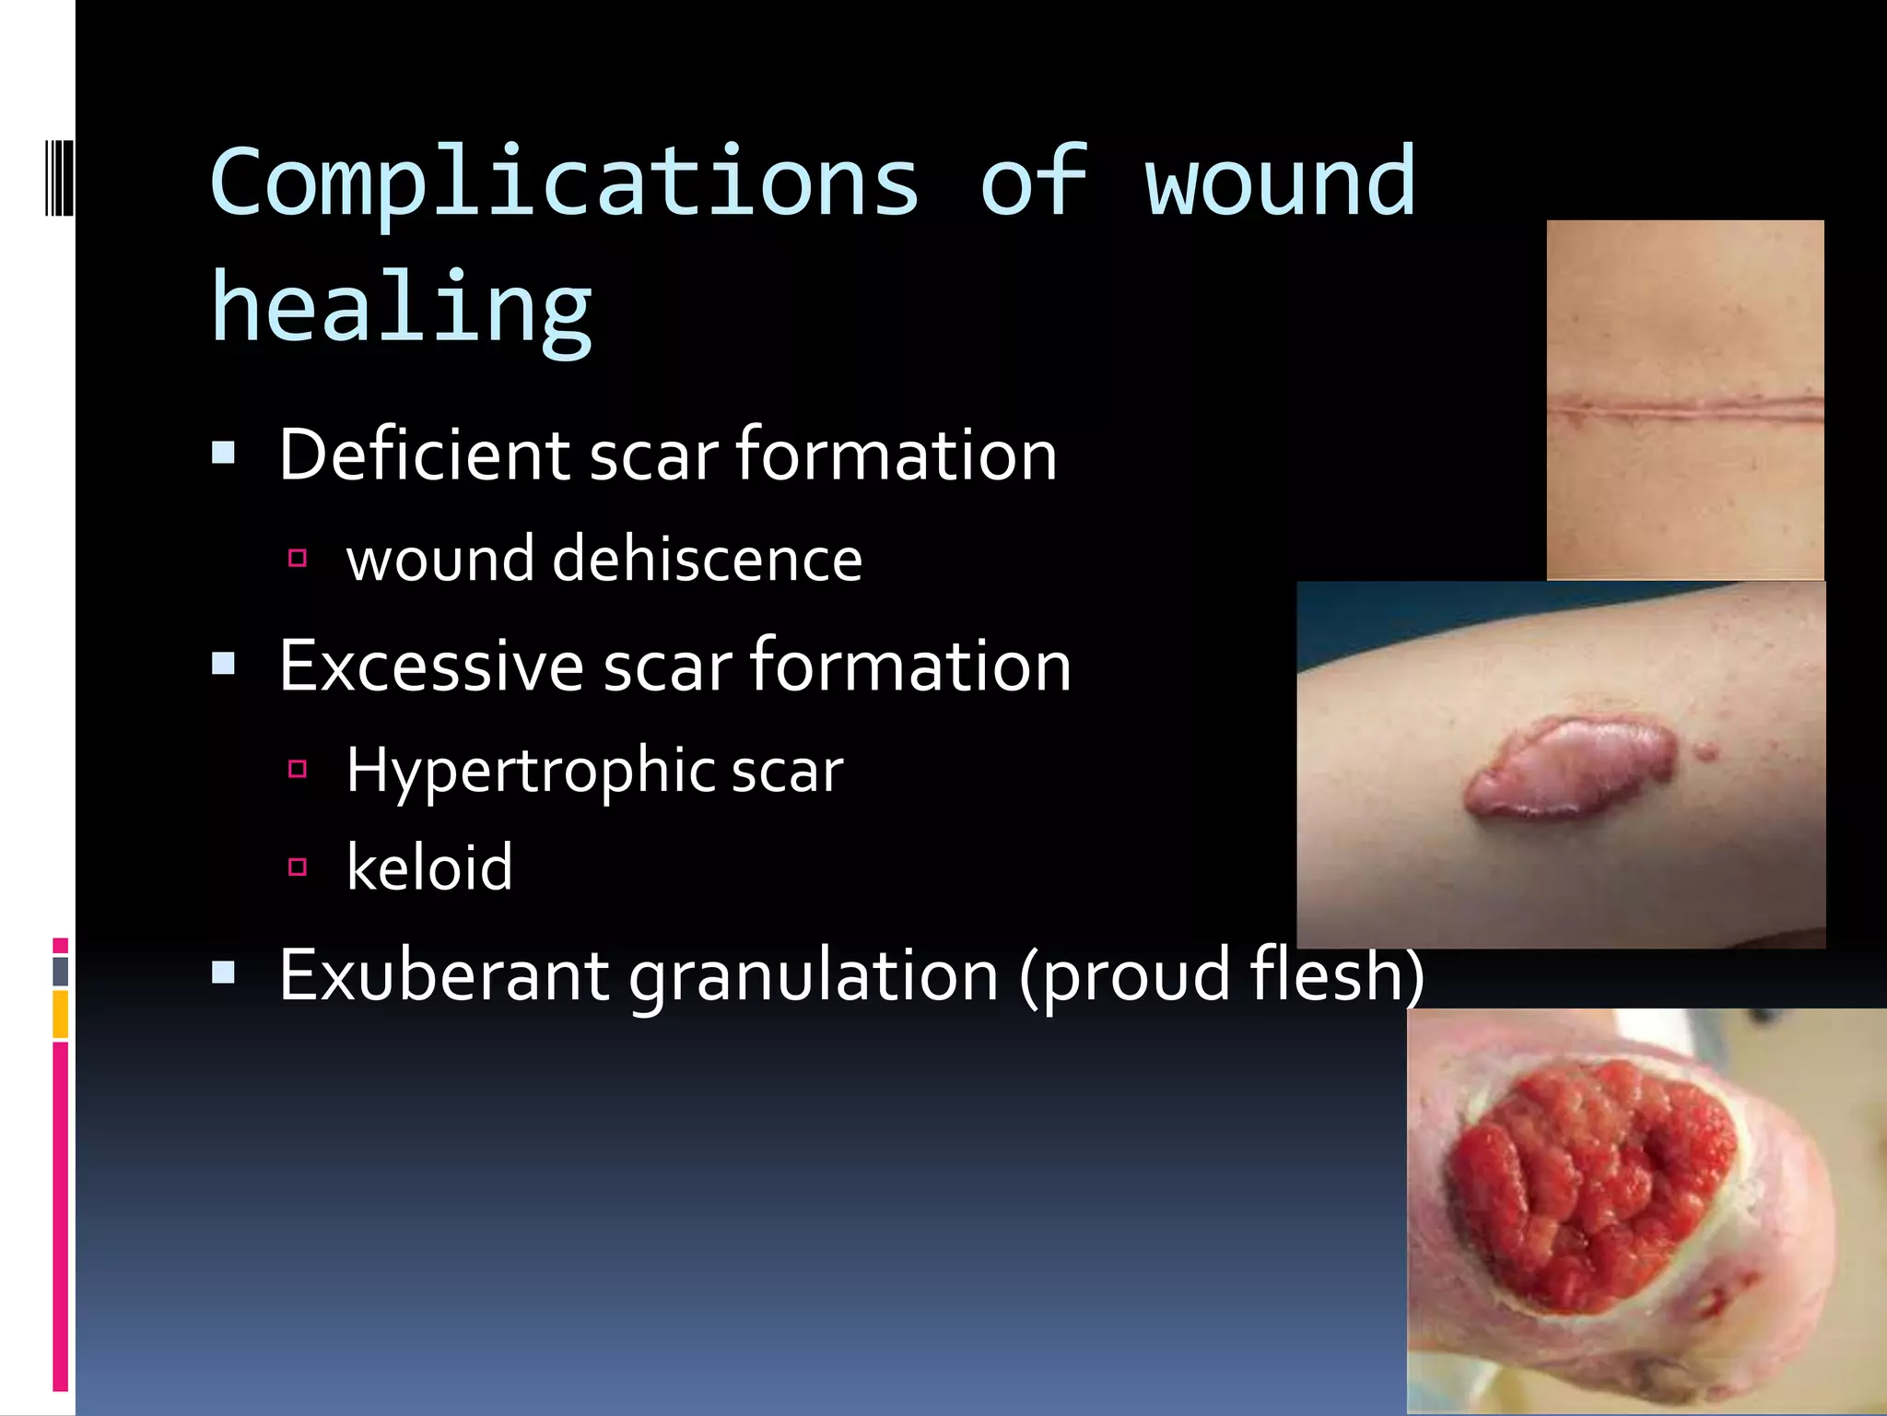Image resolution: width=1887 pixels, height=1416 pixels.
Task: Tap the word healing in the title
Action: click(402, 309)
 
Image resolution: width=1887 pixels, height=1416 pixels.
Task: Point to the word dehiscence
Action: click(707, 559)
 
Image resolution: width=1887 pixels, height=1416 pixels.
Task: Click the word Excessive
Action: click(431, 666)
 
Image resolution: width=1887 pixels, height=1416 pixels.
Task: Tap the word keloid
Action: click(429, 867)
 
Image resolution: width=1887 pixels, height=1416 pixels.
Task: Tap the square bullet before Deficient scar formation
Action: click(223, 453)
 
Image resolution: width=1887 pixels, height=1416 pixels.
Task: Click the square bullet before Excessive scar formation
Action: click(223, 664)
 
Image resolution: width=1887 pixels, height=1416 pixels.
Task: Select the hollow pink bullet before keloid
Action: click(297, 867)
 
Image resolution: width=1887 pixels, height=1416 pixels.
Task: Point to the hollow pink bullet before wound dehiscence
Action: click(297, 558)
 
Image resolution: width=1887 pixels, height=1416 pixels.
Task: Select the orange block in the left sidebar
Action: click(60, 1014)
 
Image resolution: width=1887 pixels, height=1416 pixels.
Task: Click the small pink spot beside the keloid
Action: click(1706, 752)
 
